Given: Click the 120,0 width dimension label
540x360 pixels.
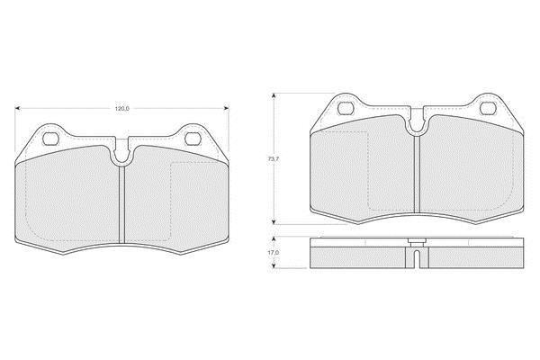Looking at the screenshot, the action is coord(121,109).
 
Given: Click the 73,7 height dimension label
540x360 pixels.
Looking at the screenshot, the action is coord(273,159).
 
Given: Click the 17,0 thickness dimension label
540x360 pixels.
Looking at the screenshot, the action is coord(274,253).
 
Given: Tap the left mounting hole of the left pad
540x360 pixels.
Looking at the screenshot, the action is coord(51,139).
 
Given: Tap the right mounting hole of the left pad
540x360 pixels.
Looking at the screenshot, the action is coord(193,139).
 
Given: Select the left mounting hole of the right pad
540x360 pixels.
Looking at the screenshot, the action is coord(346,108).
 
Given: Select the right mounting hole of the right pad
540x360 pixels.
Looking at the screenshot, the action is coord(488,108).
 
